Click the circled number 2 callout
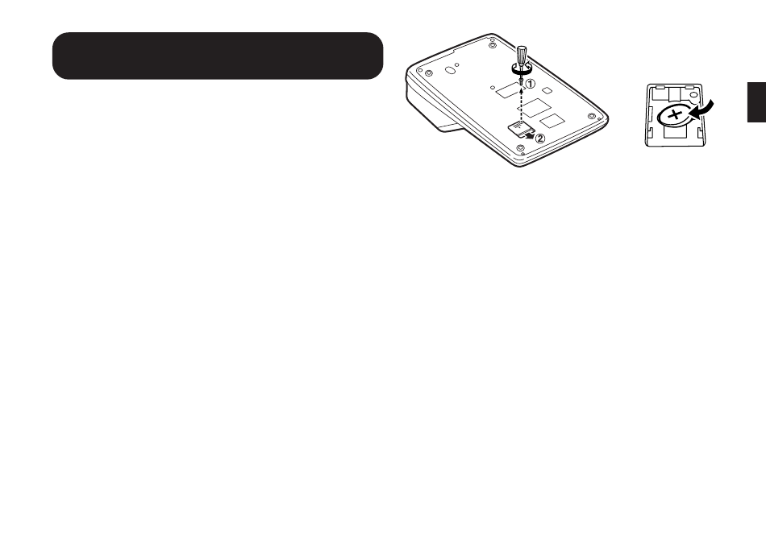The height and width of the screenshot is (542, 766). pos(540,138)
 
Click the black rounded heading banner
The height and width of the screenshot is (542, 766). pos(217,56)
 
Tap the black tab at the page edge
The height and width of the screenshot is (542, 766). pos(756,101)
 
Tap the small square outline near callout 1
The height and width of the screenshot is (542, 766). pos(547,90)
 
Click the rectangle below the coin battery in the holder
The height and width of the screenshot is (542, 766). pos(676,131)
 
